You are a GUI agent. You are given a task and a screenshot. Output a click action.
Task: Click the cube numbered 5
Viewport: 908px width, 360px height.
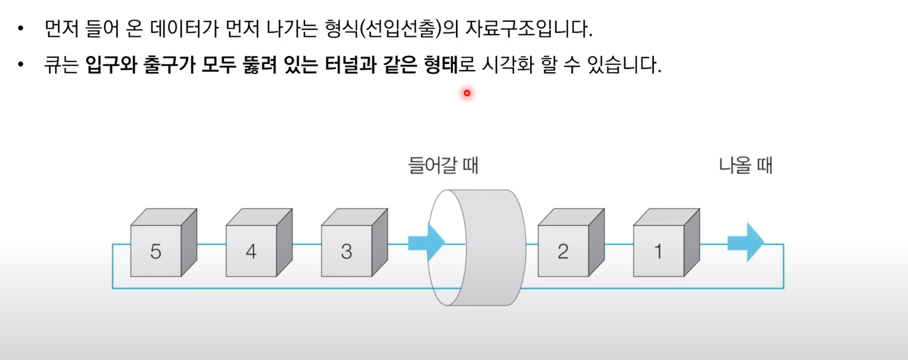click(x=156, y=250)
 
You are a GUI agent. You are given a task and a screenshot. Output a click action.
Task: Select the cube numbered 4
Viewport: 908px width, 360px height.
click(x=251, y=250)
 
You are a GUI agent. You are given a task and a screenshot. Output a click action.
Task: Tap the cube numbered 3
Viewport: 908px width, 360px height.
click(x=347, y=250)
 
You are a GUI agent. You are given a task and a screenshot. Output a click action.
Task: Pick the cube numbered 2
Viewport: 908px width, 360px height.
click(x=563, y=250)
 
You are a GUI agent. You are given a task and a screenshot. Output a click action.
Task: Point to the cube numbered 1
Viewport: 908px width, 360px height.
click(x=659, y=250)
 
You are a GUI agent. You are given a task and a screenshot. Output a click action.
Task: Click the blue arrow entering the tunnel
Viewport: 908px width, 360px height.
click(x=426, y=242)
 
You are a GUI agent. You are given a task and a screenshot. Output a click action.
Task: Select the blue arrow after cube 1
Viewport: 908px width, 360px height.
click(x=746, y=242)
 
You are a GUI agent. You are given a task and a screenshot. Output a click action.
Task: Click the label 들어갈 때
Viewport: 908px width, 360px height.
click(x=443, y=166)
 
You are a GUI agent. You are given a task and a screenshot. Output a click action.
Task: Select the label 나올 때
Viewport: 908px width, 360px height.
click(x=746, y=166)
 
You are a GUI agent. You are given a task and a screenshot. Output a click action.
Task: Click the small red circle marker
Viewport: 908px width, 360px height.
click(x=467, y=93)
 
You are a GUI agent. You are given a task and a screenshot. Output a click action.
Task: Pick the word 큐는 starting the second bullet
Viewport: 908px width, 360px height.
click(x=61, y=65)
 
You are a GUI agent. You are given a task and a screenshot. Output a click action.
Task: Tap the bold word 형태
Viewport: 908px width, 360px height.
click(x=441, y=65)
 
